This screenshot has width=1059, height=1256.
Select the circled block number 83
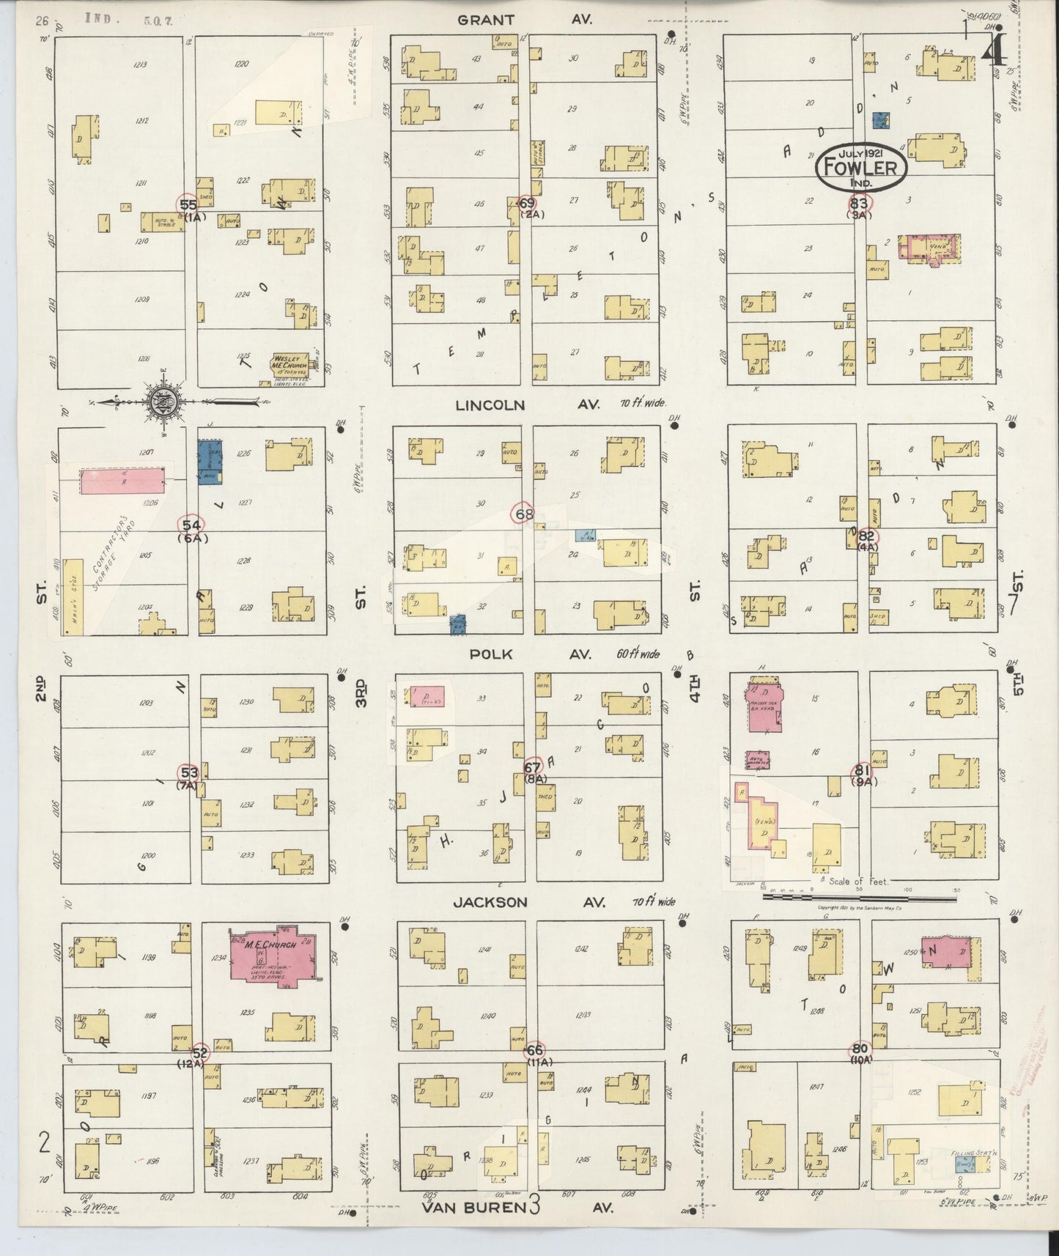(x=859, y=203)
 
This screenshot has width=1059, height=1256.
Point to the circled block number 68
(x=524, y=514)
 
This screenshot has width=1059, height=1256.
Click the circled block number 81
(x=862, y=770)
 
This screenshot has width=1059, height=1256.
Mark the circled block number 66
(x=534, y=1050)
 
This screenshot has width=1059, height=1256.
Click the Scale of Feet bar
(x=861, y=895)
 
